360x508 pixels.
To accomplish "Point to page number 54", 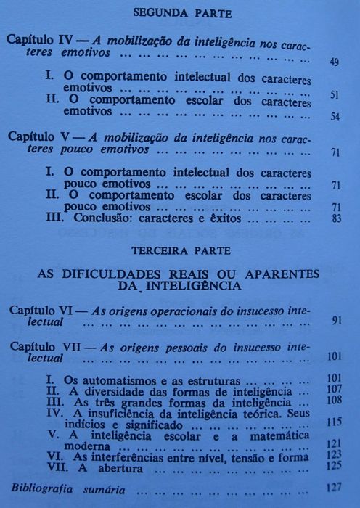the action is pyautogui.click(x=335, y=116).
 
